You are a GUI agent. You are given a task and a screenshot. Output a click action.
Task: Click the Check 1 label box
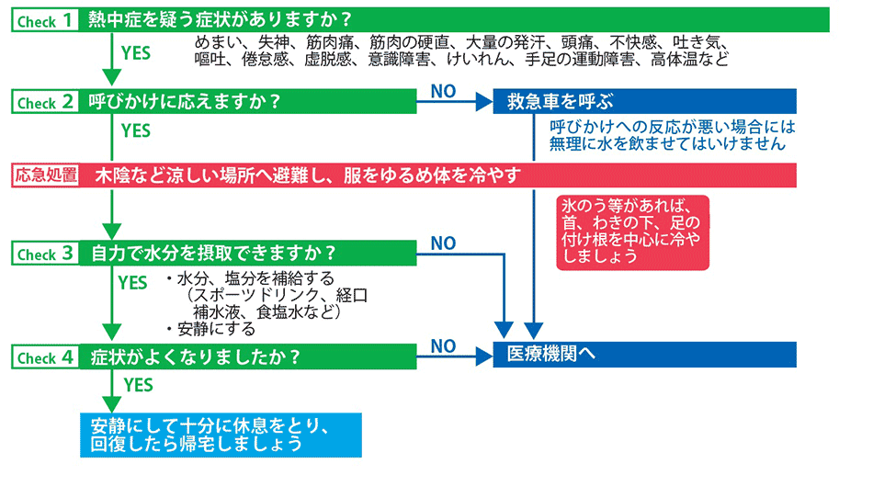tap(45, 20)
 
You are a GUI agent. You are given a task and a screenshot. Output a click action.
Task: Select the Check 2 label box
tap(45, 102)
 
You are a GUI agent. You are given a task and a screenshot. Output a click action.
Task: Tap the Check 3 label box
tap(45, 254)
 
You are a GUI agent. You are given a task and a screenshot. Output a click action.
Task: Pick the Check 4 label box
tap(45, 356)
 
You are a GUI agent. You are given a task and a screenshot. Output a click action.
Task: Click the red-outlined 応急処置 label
tap(45, 175)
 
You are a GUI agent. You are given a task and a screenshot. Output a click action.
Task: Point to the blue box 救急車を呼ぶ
tap(645, 101)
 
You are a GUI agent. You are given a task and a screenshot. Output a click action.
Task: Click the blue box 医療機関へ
tap(645, 354)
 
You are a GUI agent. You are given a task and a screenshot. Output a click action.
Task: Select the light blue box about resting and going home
tap(221, 435)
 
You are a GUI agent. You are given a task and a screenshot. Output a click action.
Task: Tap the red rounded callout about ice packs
tap(632, 232)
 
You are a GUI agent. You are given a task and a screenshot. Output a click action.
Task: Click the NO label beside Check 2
tap(443, 91)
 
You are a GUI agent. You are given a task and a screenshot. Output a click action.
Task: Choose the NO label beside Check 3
tap(443, 243)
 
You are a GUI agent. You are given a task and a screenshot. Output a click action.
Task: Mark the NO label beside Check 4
tap(443, 345)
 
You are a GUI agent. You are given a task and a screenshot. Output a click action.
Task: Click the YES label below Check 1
tap(136, 53)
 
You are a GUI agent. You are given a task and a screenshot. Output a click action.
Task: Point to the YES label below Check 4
tap(138, 385)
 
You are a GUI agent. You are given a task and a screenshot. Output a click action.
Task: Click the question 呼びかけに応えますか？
tap(185, 102)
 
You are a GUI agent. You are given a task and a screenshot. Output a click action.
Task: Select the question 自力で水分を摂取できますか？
tap(214, 254)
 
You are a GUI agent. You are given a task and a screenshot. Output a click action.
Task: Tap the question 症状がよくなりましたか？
tap(196, 356)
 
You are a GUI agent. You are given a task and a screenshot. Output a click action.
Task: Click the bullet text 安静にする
tap(216, 329)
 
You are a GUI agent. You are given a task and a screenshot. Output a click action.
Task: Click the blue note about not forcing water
tap(673, 135)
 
